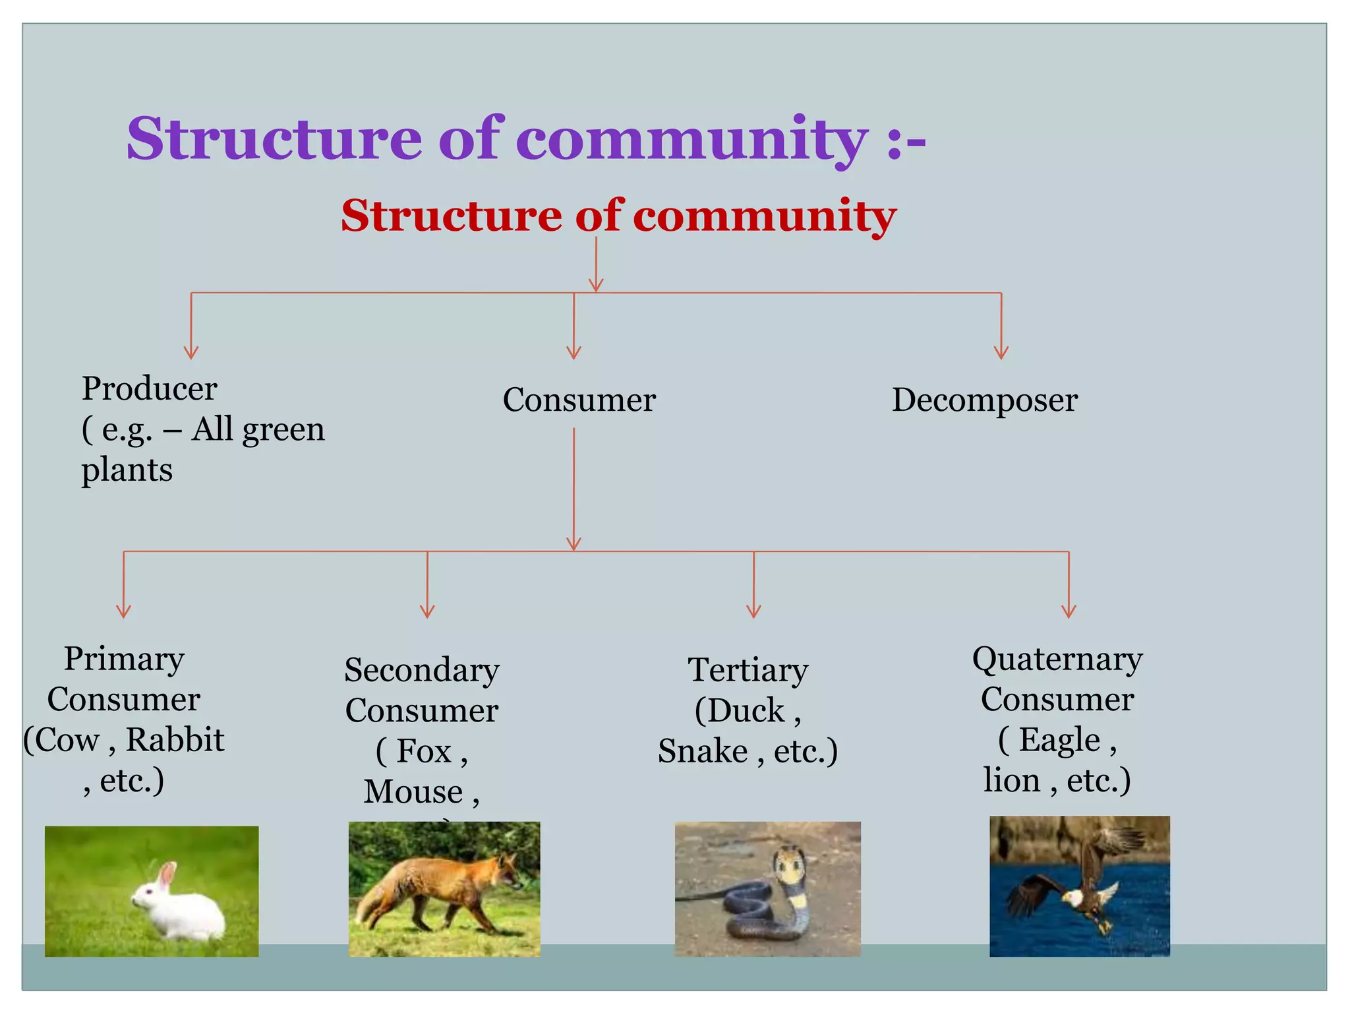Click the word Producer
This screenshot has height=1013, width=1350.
pos(149,388)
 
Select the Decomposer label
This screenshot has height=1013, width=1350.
pos(984,400)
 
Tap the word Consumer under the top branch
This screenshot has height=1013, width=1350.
pos(579,400)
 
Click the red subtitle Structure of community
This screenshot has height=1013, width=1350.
pos(618,216)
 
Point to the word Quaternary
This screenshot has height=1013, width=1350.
pos(1057,659)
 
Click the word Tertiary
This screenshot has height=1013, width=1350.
pos(748,670)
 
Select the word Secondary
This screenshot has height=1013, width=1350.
pos(422,670)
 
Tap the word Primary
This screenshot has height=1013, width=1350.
pos(124,659)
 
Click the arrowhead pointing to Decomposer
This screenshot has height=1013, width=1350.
pos(1001,353)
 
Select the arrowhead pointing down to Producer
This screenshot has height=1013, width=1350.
pos(191,353)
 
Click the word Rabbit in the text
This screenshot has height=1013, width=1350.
pos(175,740)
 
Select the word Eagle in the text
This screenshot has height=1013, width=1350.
pos(1059,740)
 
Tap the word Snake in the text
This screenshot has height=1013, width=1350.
pos(703,751)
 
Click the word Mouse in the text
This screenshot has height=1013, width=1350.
pos(413,791)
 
